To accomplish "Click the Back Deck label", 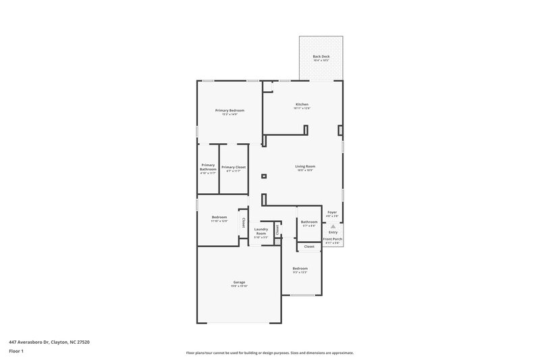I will [321, 56].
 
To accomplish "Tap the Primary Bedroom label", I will [230, 110].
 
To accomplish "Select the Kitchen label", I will [302, 104].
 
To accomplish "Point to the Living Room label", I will [305, 166].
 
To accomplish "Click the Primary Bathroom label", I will [208, 167].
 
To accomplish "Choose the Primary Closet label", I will [234, 167].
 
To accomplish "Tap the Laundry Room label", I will [261, 231].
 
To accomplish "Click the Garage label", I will [239, 282].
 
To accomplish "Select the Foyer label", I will [332, 212].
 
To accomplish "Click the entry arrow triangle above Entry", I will [332, 226].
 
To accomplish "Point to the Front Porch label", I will [332, 239].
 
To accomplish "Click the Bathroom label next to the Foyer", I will [309, 222].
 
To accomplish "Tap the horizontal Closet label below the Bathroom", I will [309, 247].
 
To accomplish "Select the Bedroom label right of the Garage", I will [300, 268].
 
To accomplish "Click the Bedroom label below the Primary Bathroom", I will [219, 217].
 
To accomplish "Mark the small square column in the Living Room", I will [264, 176].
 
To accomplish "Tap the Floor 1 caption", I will [16, 352].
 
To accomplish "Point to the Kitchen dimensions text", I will [302, 108].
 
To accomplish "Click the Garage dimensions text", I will [239, 286].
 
